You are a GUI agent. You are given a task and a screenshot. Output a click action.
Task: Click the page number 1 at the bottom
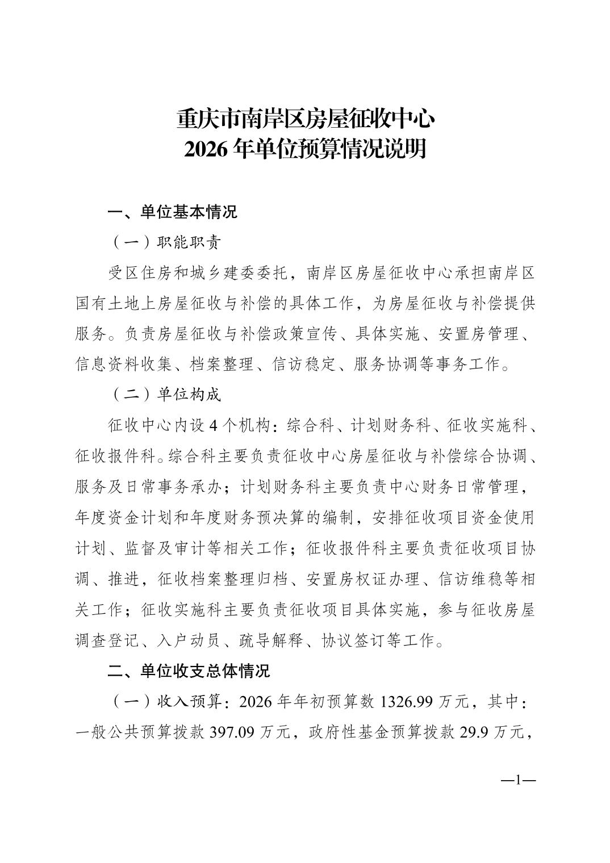click(517, 780)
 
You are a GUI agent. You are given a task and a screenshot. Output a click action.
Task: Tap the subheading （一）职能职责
click(164, 242)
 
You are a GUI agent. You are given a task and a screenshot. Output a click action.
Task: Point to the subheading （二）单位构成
click(164, 395)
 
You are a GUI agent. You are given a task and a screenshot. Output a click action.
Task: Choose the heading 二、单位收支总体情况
click(189, 671)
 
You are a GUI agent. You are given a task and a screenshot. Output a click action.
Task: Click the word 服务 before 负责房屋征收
click(90, 334)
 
